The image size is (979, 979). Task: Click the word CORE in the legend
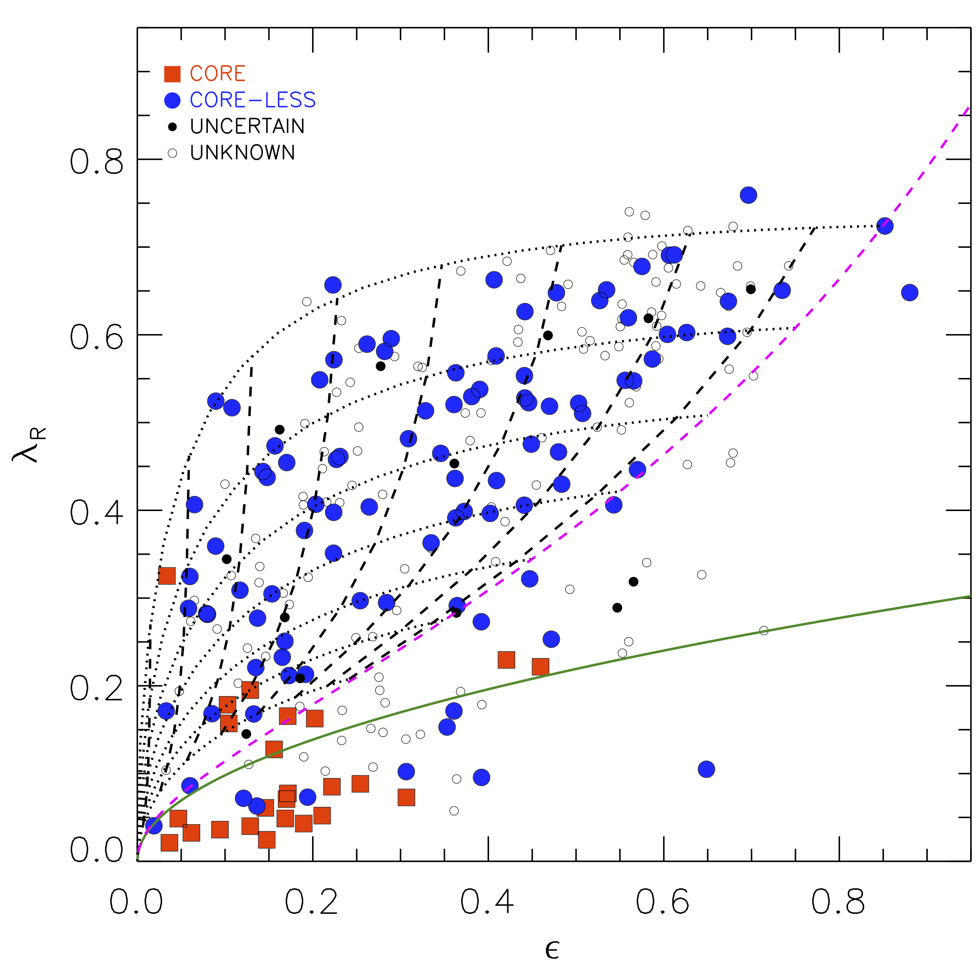217,74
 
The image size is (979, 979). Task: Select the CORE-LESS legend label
252,100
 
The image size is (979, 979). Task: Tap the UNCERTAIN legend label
247,127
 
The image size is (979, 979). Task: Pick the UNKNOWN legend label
242,153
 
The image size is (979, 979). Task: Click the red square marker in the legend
172,74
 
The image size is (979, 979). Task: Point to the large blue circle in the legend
172,100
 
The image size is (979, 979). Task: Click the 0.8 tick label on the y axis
96,162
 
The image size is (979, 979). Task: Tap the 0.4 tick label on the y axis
96,513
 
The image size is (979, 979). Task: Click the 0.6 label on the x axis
662,902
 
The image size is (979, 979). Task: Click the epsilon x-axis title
552,951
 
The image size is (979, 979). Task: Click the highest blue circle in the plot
748,195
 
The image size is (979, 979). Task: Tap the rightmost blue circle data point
910,293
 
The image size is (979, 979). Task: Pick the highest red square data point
167,576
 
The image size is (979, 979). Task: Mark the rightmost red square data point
541,667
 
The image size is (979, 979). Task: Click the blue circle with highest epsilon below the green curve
706,769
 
